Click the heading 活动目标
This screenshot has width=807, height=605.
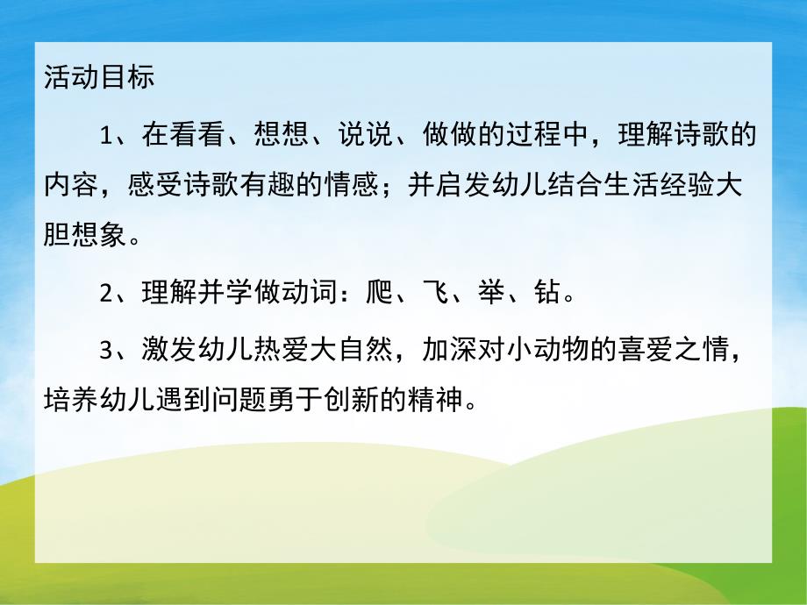(x=98, y=77)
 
